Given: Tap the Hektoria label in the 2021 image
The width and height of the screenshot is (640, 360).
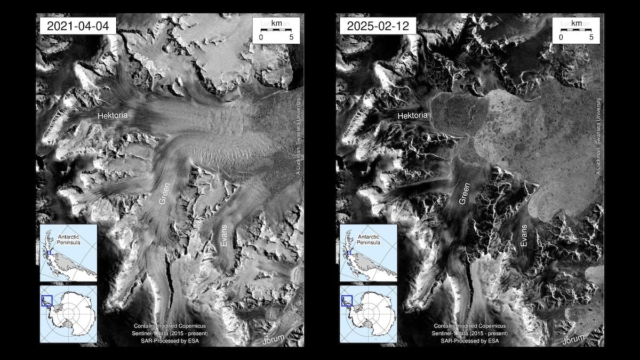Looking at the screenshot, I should point(113,115).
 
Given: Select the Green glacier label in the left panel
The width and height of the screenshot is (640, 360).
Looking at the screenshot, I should point(167,196).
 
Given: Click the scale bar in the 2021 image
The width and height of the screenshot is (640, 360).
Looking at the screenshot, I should point(276,30).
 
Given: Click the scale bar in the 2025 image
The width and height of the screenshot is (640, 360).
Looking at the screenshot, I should point(575,30).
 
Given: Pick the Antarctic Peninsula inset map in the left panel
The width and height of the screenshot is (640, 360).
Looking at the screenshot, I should point(68,253).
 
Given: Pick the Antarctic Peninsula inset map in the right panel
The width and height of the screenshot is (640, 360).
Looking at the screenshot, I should point(368,253).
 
